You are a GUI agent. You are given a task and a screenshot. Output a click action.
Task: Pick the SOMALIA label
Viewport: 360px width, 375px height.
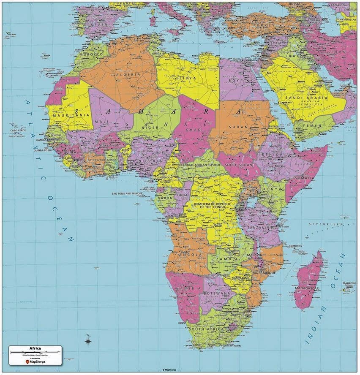pyautogui.click(x=305, y=178)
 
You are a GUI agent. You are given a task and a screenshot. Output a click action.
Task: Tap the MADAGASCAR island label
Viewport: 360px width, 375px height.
pyautogui.click(x=308, y=288)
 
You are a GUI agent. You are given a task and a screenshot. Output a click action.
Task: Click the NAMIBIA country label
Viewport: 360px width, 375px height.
pyautogui.click(x=190, y=288)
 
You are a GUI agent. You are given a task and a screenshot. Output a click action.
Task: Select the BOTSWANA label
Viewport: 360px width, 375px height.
pyautogui.click(x=216, y=293)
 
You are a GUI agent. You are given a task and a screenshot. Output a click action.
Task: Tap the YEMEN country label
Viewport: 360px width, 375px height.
pyautogui.click(x=313, y=126)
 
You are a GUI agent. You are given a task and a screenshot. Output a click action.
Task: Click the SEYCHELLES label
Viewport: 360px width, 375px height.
pyautogui.click(x=326, y=224)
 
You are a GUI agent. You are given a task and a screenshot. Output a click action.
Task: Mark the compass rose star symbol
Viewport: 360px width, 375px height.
pyautogui.click(x=88, y=340)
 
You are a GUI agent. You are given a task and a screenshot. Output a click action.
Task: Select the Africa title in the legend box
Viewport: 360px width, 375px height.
pyautogui.click(x=35, y=348)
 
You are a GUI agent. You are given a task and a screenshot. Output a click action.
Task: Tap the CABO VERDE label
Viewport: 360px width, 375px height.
pyautogui.click(x=16, y=131)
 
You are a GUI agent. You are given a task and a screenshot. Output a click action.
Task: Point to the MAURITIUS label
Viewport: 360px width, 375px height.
pyautogui.click(x=349, y=283)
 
